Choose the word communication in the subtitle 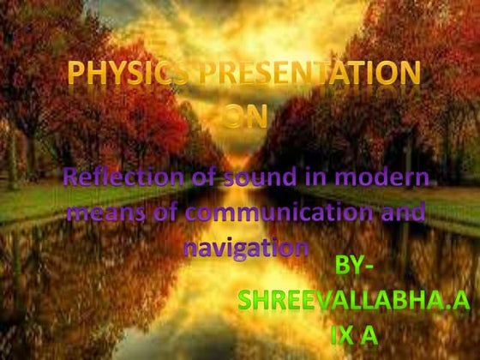tap(277, 213)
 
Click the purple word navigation tap(246, 246)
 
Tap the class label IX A tap(354, 333)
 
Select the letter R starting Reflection tap(72, 180)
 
